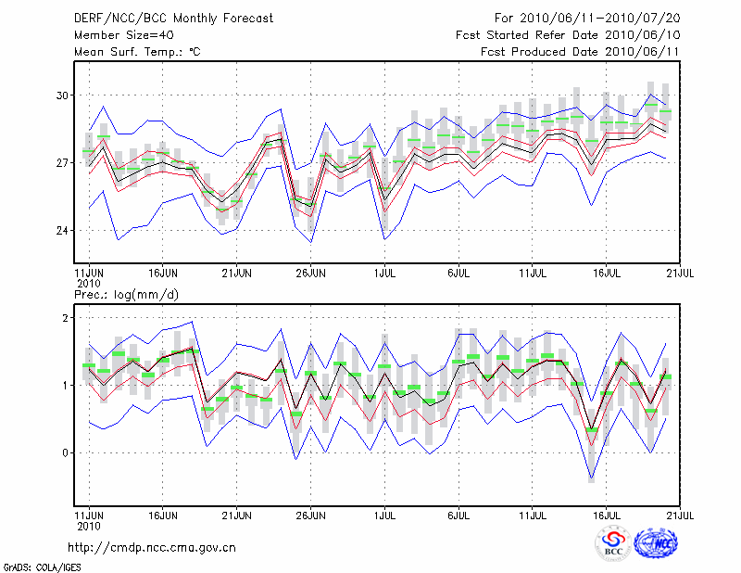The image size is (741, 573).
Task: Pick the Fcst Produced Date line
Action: [580, 52]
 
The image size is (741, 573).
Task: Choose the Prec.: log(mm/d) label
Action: [124, 295]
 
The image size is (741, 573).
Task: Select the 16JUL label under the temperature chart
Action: [607, 274]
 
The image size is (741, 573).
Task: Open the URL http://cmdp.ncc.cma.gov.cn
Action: [152, 547]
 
